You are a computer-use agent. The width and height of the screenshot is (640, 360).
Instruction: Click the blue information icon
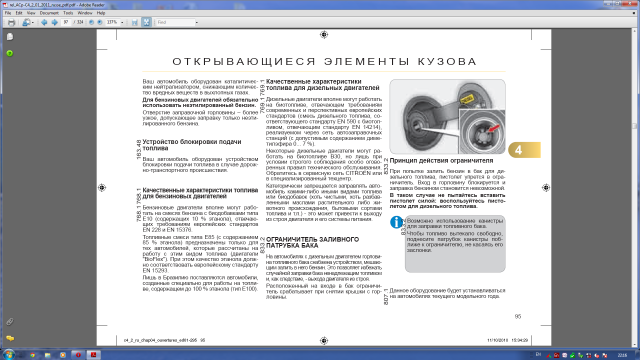pos(396,250)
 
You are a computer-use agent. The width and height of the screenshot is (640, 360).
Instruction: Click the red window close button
pos(630,4)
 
